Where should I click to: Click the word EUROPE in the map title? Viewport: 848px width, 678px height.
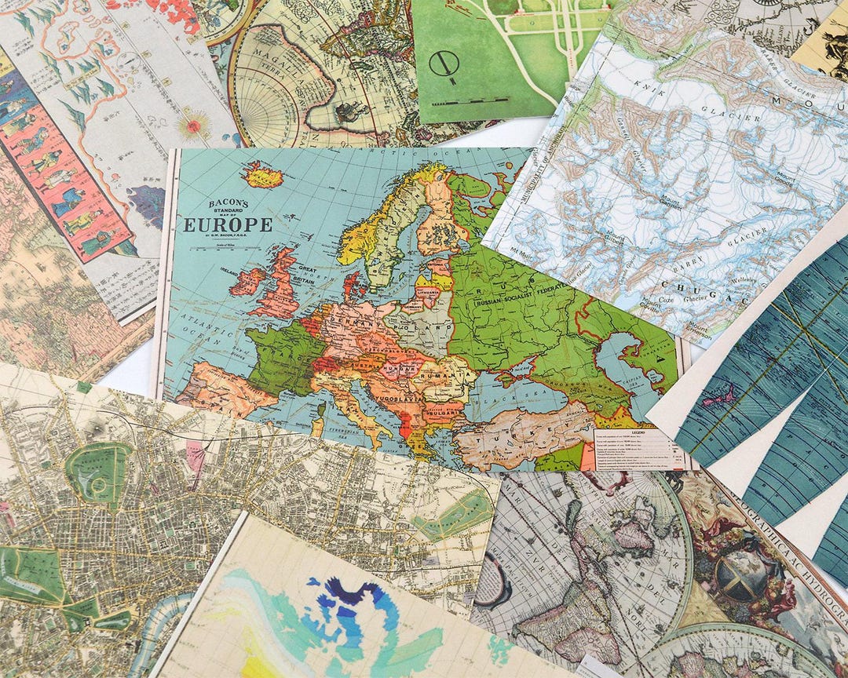click(x=228, y=225)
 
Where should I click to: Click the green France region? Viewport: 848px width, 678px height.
click(x=279, y=357)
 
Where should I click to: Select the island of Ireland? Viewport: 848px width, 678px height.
click(x=246, y=281)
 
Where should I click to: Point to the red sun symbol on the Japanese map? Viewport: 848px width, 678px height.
click(x=193, y=124)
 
